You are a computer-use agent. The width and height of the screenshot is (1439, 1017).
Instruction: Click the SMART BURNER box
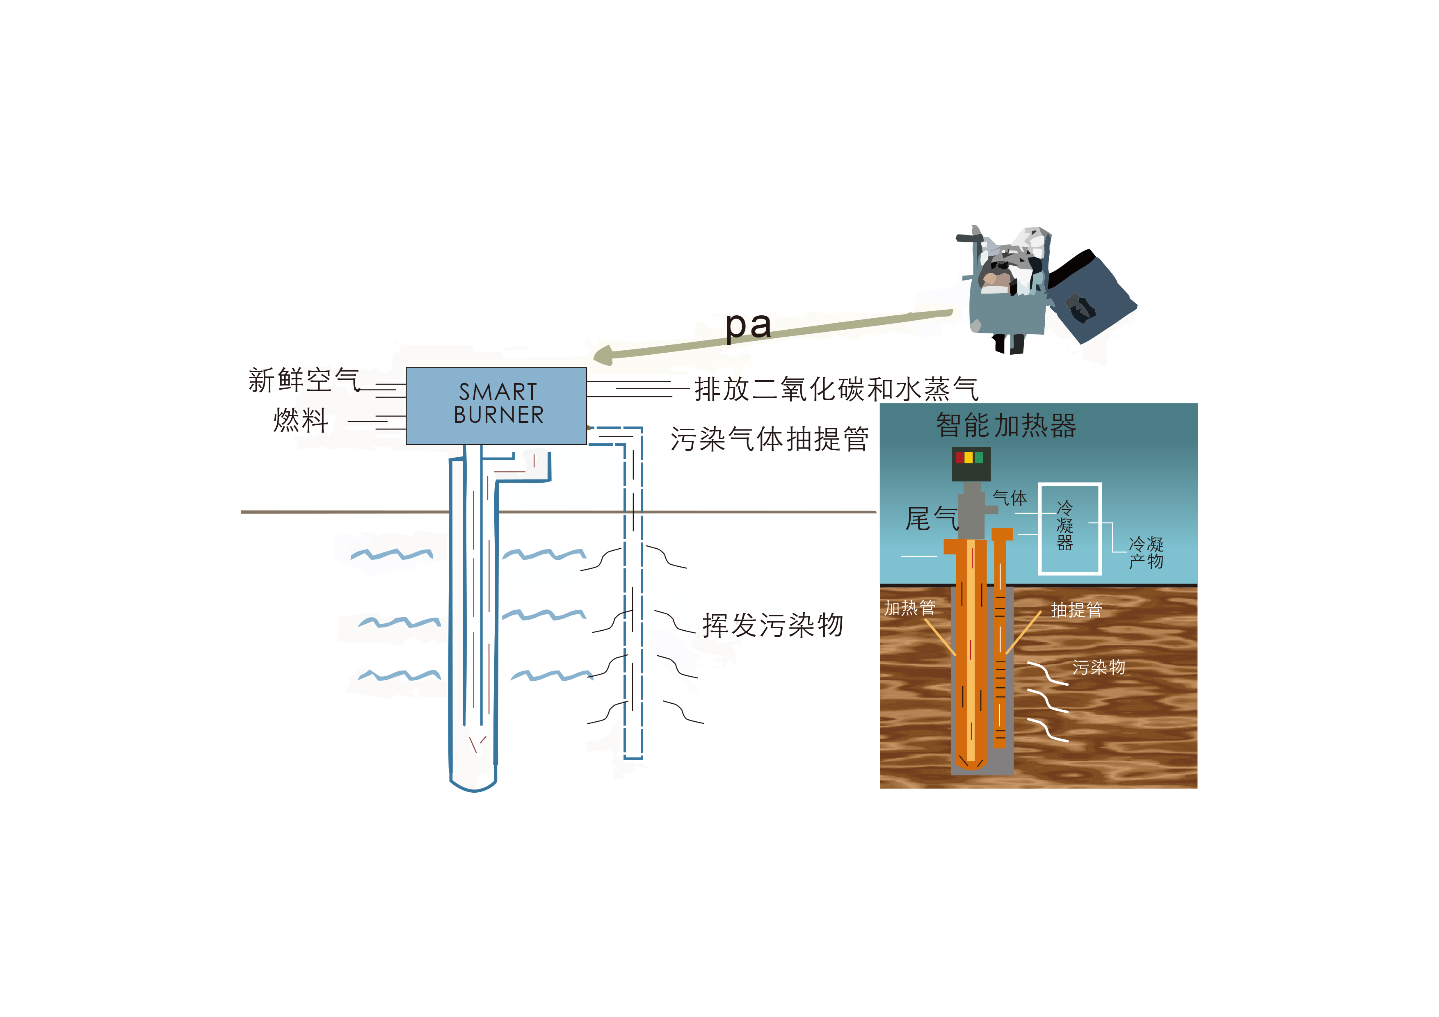[x=496, y=406]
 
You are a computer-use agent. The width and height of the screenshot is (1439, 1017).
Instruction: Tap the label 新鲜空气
[x=304, y=380]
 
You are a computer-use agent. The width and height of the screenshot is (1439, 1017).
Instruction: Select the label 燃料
[x=301, y=420]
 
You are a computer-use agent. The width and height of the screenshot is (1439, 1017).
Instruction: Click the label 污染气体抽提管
[x=770, y=439]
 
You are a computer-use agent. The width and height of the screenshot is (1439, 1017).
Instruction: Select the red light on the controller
[x=959, y=457]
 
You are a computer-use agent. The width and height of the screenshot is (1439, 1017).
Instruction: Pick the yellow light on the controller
[x=969, y=457]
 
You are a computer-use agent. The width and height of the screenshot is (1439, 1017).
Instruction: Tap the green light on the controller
[x=979, y=457]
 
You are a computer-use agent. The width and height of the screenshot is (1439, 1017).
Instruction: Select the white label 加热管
[x=910, y=608]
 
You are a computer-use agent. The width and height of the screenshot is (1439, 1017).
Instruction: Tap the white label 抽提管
[x=1077, y=610]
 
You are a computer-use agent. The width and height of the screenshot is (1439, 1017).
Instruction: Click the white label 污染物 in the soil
[x=1099, y=667]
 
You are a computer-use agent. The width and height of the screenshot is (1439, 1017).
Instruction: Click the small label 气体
[x=1010, y=498]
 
